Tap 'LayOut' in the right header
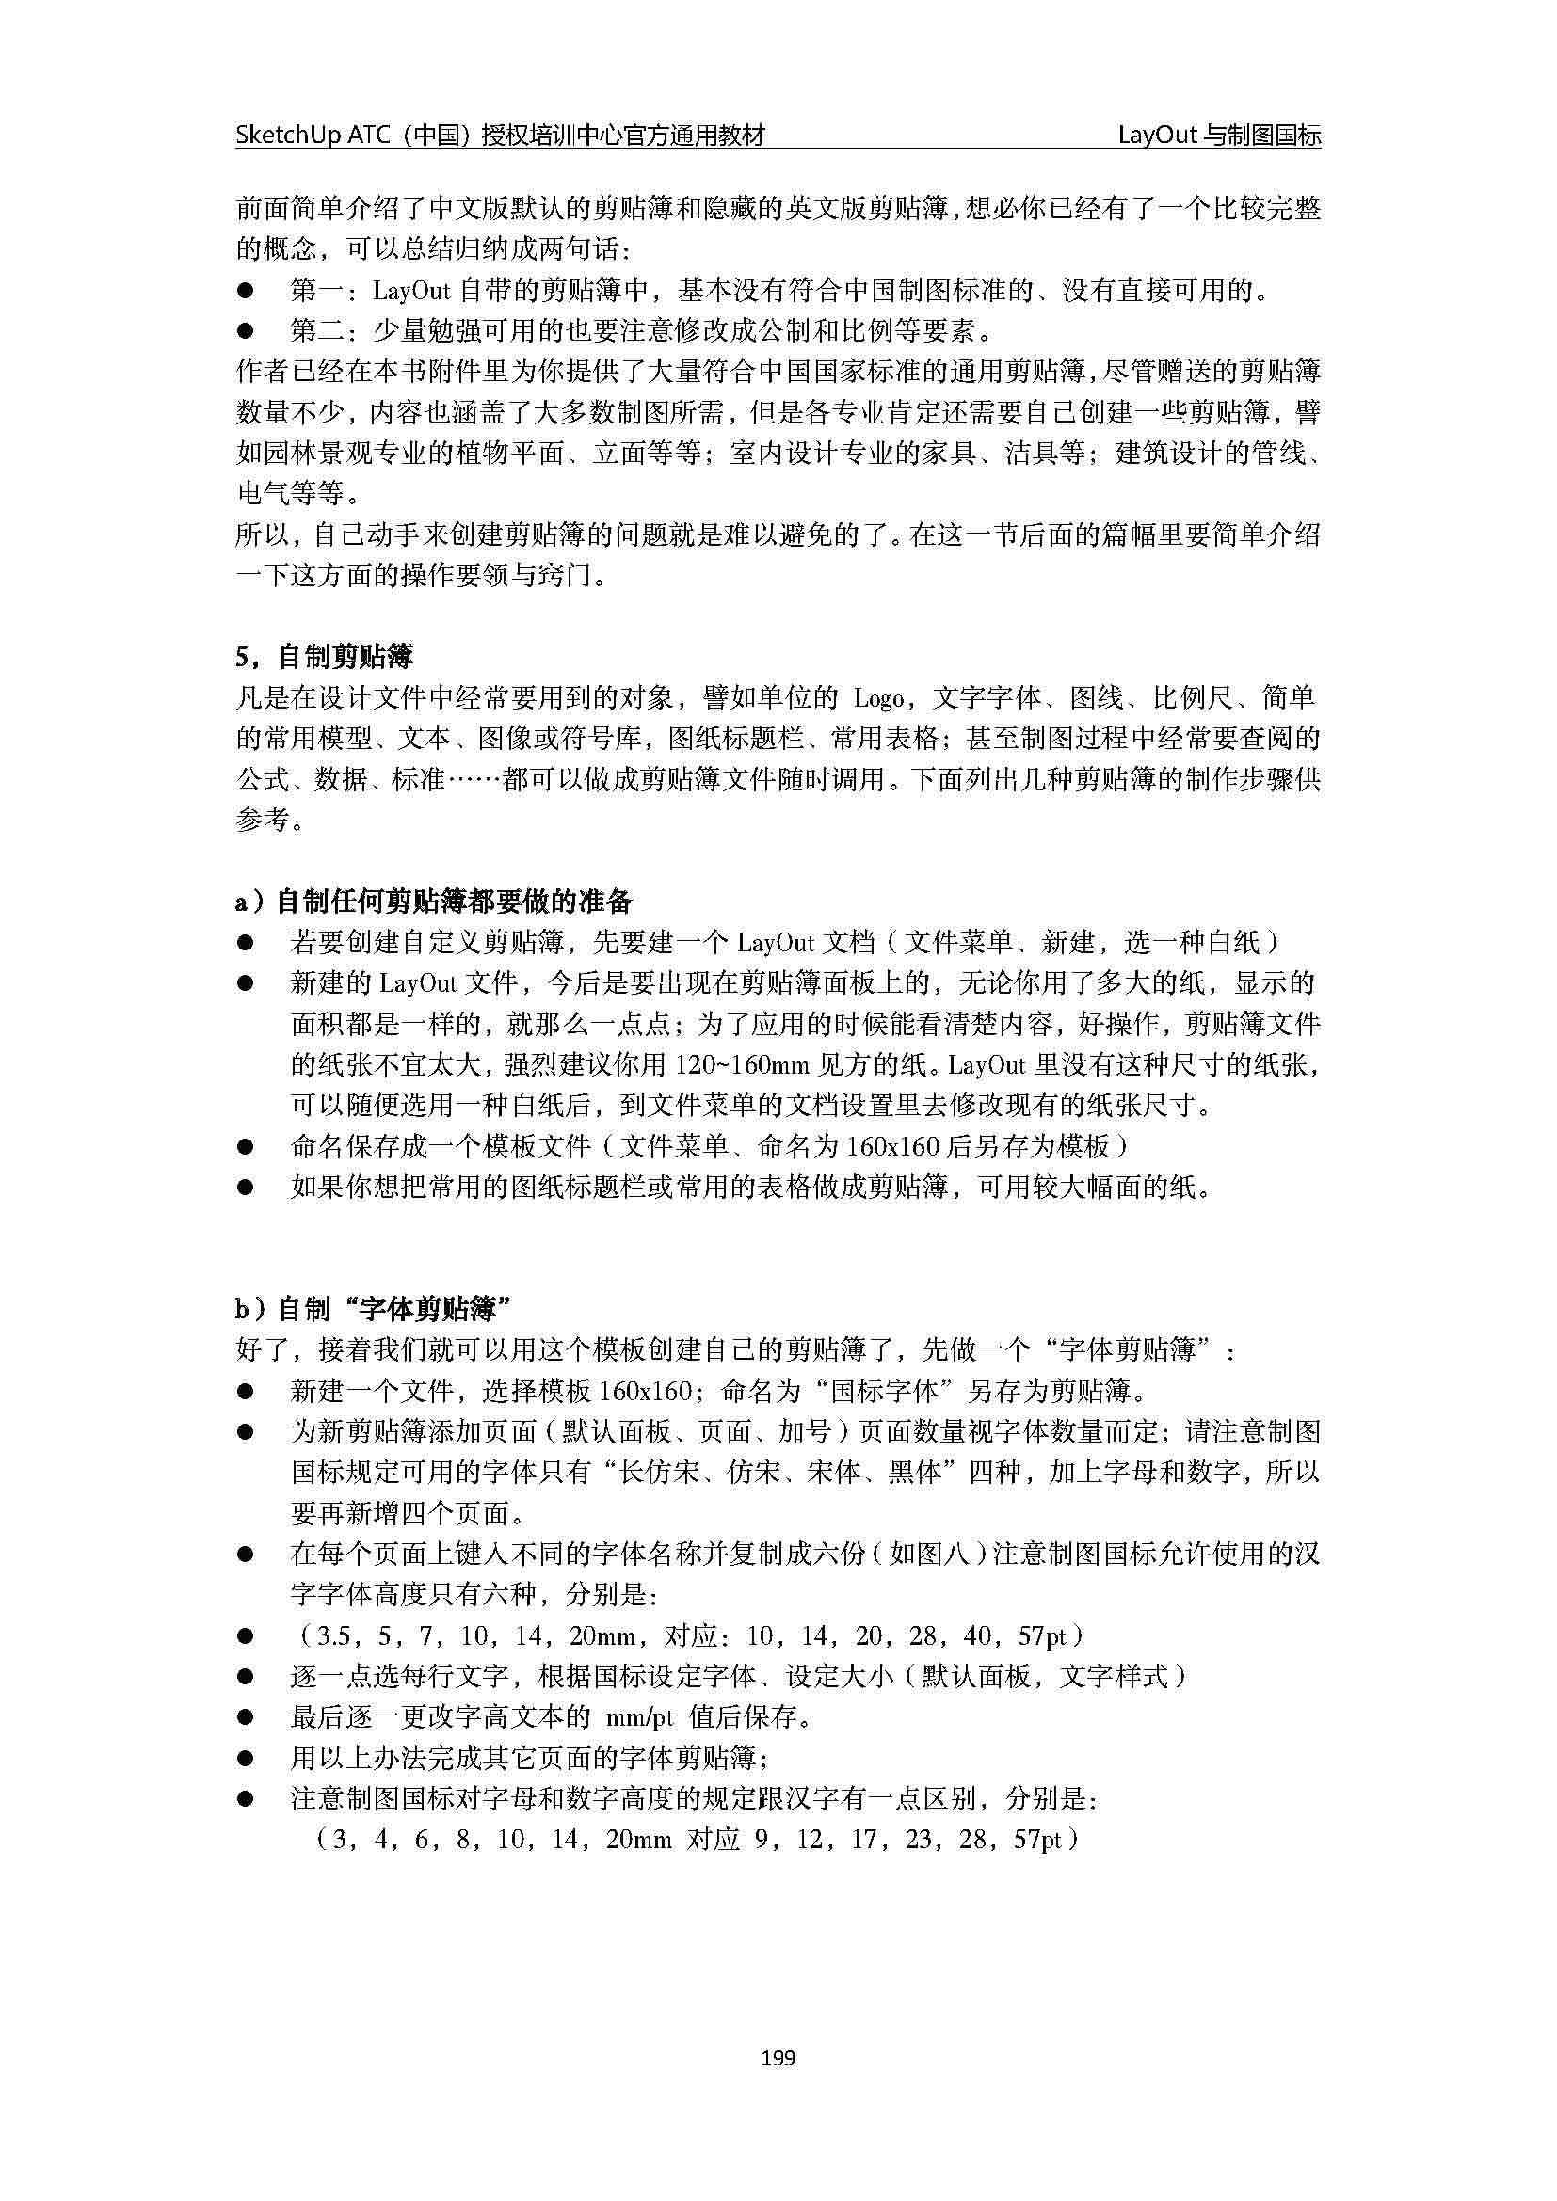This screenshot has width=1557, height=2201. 1157,136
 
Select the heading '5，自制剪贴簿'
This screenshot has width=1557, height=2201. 324,657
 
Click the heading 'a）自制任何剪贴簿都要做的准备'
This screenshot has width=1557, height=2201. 434,901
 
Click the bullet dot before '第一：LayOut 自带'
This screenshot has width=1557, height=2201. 246,290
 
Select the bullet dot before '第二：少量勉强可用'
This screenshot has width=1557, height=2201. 246,330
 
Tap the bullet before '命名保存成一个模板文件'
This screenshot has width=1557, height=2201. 246,1146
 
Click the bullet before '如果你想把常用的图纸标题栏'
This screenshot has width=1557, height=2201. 246,1188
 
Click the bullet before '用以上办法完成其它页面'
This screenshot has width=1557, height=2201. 246,1757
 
